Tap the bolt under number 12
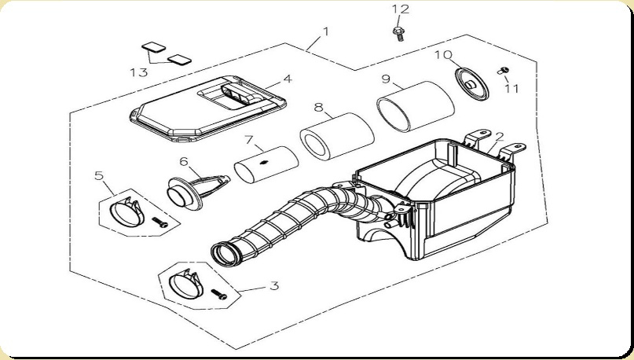(399, 32)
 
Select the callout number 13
(138, 72)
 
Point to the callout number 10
(443, 54)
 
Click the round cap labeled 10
(471, 83)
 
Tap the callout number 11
(512, 88)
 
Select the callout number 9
(386, 79)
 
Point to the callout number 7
(248, 140)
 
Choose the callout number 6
(184, 161)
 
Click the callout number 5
(99, 174)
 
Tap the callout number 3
(273, 285)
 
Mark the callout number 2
(500, 136)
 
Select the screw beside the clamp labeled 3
(219, 296)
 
